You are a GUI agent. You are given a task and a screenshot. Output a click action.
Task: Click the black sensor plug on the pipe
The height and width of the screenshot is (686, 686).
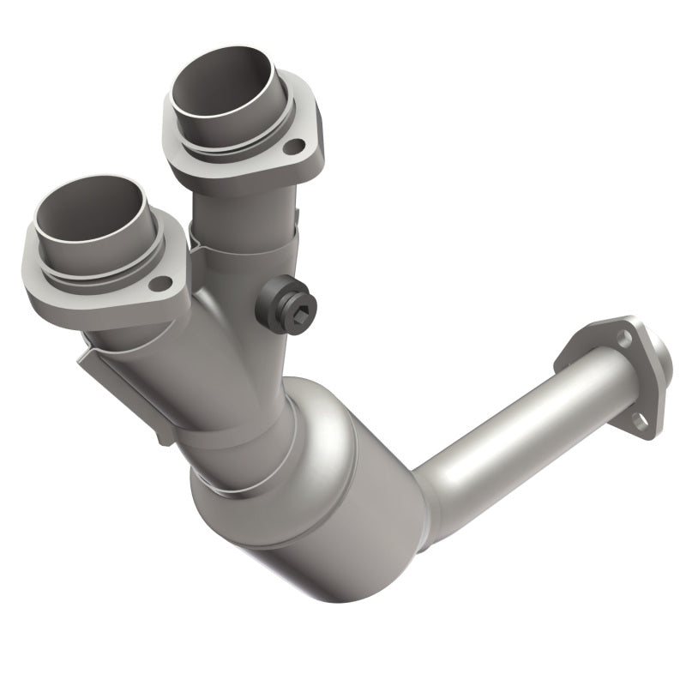[290, 297]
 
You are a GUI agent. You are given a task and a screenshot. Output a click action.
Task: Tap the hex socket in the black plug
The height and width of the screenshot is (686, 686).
[300, 300]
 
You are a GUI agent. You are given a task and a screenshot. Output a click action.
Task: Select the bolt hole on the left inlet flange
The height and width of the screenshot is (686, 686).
[159, 283]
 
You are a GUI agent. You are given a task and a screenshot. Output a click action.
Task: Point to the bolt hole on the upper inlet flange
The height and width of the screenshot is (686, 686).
[294, 147]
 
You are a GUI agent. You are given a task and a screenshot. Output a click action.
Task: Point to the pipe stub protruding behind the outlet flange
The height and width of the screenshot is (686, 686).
[660, 360]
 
